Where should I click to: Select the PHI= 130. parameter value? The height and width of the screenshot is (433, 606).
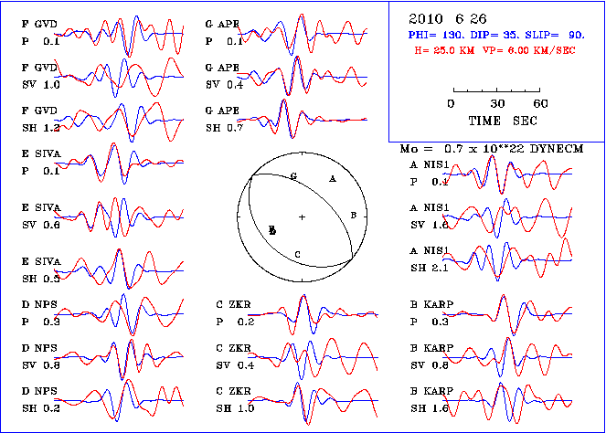point(438,34)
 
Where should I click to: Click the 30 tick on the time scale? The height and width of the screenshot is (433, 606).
point(497,104)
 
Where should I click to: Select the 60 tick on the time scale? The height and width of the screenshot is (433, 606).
point(541,104)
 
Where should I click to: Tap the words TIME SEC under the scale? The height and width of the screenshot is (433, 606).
point(496,121)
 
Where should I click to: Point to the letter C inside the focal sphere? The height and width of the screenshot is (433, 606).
point(298,253)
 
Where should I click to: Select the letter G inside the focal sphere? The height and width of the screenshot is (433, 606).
point(293,174)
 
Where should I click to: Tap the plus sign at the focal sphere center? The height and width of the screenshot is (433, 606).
point(302,216)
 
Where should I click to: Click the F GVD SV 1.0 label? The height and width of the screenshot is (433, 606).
point(42,77)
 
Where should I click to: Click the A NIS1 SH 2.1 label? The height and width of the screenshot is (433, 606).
point(430,259)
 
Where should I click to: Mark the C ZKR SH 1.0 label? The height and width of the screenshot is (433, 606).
point(235,400)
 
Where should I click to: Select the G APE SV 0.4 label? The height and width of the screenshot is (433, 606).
point(224,77)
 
